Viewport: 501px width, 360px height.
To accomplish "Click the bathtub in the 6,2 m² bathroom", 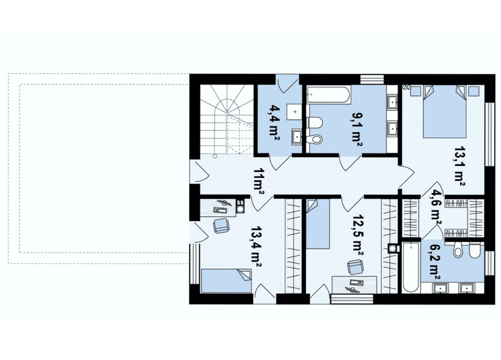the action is coord(410,267).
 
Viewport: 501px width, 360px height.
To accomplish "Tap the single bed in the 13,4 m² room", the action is coord(226,281).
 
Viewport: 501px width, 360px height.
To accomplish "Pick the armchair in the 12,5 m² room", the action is coord(355,267).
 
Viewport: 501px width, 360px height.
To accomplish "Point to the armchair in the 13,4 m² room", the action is coord(221,225).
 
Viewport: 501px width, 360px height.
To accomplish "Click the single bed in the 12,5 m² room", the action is coord(318,224).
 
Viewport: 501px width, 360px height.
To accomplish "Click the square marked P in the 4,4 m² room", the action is coord(294,112).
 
